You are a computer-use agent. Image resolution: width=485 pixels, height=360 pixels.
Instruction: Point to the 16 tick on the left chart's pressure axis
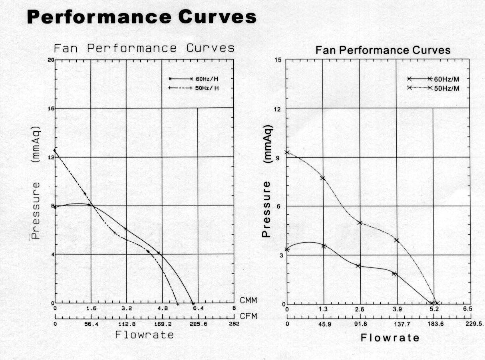[51, 108]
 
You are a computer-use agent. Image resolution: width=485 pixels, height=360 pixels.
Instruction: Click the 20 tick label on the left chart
[51, 59]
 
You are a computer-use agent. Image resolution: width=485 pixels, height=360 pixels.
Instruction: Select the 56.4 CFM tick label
[91, 324]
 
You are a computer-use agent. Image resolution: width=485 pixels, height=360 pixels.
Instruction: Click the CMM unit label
[248, 300]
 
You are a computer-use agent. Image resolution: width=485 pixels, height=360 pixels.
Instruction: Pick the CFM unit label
[248, 316]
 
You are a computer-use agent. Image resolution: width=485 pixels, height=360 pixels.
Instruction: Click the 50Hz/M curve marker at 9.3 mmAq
[287, 152]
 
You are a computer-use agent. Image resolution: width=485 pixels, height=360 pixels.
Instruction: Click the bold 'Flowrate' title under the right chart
[390, 338]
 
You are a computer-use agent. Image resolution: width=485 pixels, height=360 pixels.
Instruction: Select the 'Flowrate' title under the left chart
[144, 335]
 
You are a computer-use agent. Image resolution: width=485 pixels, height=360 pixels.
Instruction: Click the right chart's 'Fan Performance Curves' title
[383, 50]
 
